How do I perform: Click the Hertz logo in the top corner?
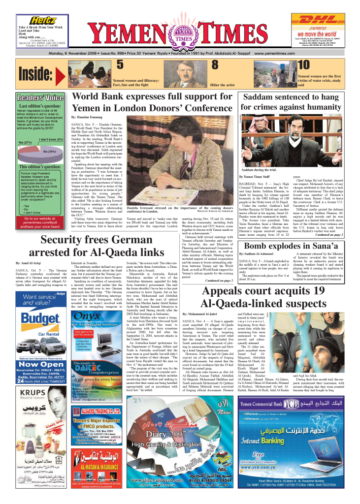42,20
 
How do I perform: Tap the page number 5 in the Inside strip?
120,64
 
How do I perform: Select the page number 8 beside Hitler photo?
215,64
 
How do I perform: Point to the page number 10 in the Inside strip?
303,64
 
